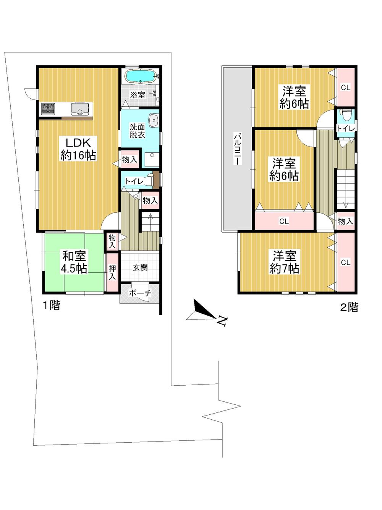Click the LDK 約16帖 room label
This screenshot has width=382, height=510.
pyautogui.click(x=78, y=149)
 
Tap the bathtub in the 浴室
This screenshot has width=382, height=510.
pyautogui.click(x=140, y=76)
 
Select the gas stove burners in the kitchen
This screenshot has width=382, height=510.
pyautogui.click(x=48, y=109)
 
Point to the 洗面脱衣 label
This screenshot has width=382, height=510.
pyautogui.click(x=137, y=131)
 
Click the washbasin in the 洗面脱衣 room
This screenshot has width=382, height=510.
pyautogui.click(x=154, y=120)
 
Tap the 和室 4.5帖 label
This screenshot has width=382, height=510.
pyautogui.click(x=74, y=262)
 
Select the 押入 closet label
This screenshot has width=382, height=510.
pyautogui.click(x=112, y=272)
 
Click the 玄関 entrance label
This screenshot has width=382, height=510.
pyautogui.click(x=140, y=267)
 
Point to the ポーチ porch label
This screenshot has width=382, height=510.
pyautogui.click(x=140, y=293)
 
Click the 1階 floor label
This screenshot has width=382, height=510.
pyautogui.click(x=51, y=305)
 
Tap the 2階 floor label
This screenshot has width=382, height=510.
pyautogui.click(x=349, y=307)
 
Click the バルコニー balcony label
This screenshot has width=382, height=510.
pyautogui.click(x=238, y=148)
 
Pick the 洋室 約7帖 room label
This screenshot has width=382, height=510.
pyautogui.click(x=284, y=262)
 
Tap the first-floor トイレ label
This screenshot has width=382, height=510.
pyautogui.click(x=134, y=181)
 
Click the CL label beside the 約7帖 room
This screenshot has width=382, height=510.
pyautogui.click(x=345, y=262)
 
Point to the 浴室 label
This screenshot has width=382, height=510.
pyautogui.click(x=137, y=95)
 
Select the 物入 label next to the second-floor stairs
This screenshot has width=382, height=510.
pyautogui.click(x=345, y=221)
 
